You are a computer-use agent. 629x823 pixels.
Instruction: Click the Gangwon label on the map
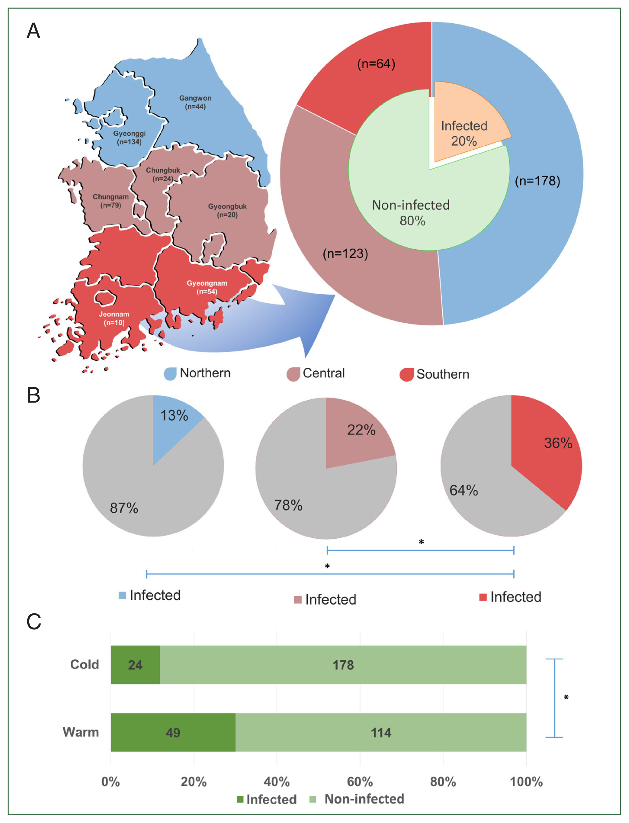[195, 102]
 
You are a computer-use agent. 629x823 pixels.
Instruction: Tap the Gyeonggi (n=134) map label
[129, 137]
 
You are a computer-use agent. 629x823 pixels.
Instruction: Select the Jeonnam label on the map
[114, 318]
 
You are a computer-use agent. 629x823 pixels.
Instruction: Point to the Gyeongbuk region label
[227, 210]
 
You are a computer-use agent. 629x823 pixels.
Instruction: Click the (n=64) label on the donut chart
[376, 64]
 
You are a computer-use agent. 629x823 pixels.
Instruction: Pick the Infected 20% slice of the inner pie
[466, 124]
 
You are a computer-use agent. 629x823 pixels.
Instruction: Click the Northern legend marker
[170, 373]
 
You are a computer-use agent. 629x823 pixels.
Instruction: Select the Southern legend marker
[406, 374]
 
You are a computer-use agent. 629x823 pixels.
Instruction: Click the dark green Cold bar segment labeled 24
[135, 665]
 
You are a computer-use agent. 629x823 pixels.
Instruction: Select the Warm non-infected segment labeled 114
[381, 733]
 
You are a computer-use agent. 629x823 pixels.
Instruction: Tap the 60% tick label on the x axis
[360, 782]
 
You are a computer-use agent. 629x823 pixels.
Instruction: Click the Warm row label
[81, 732]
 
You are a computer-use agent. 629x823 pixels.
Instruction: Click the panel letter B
[33, 395]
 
